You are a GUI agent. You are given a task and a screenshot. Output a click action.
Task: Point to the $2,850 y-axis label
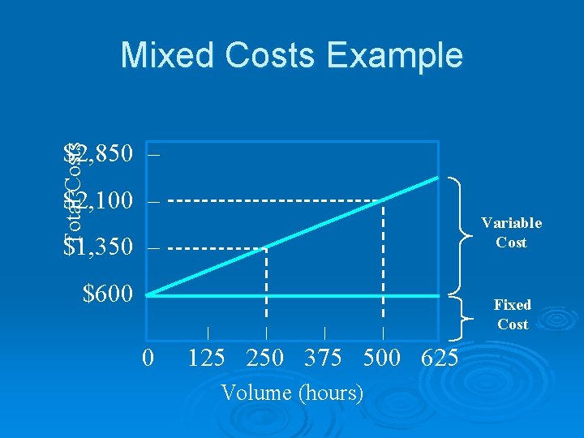pos(97,152)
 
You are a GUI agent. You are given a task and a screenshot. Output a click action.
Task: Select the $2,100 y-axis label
pos(97,200)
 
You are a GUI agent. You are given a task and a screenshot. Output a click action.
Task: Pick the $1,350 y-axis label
pos(97,247)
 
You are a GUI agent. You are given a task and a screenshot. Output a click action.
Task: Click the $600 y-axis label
pos(108,294)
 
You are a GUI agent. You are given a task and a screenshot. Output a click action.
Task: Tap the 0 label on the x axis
pos(148,358)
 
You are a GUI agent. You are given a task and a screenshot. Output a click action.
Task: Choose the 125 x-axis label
pos(207,358)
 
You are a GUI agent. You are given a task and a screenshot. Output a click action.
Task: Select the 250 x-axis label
pos(265,358)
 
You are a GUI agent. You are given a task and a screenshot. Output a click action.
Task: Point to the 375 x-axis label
pos(324,358)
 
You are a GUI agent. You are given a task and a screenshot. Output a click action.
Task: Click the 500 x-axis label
pos(383,358)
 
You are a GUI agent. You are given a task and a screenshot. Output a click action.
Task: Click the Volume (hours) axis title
pos(292,393)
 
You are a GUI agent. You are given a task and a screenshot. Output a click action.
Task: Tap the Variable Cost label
pos(511,233)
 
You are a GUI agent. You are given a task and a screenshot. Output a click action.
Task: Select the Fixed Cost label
pos(513,315)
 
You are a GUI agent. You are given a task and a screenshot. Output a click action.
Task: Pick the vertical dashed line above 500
pos(383,260)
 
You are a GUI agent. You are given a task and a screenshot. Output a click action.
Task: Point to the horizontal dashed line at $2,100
pos(276,200)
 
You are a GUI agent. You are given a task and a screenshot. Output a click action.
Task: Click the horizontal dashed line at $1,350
pos(219,247)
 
